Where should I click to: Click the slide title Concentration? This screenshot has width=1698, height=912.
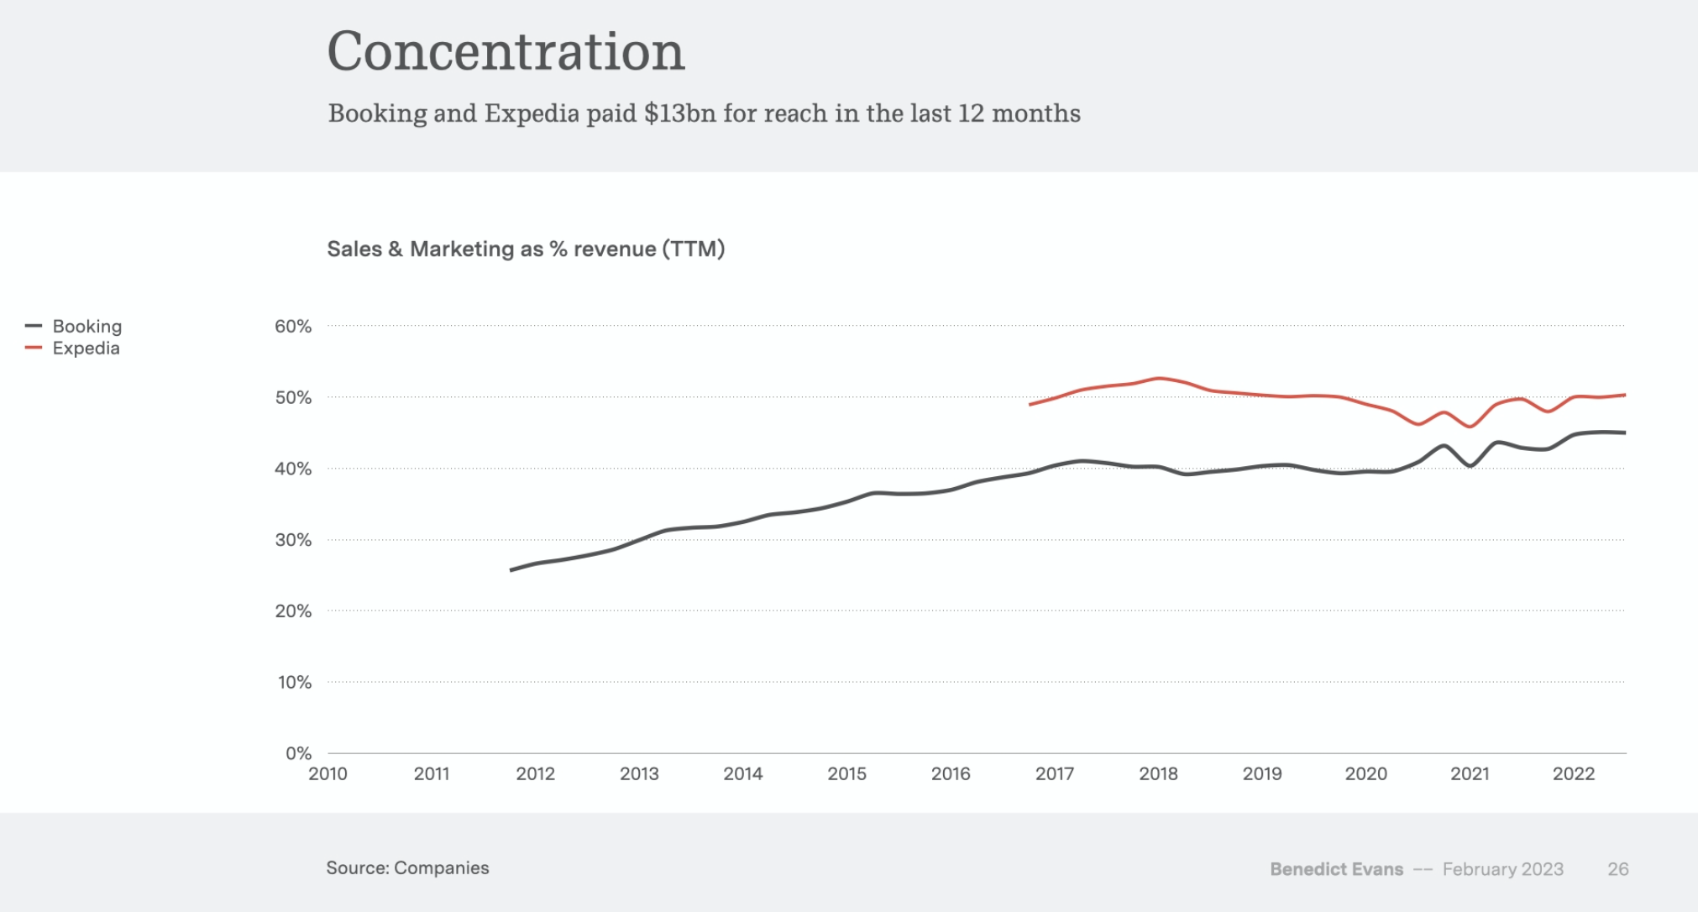pos(506,52)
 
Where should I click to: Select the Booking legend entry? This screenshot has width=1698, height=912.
pos(86,326)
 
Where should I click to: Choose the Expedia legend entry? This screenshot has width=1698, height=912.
pos(86,349)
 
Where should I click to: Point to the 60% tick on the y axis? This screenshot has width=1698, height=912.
pos(293,326)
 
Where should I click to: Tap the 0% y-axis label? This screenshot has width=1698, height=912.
pos(298,753)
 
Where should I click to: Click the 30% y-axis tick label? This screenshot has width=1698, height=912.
pos(293,540)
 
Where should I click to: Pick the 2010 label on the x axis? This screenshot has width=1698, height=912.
pos(328,774)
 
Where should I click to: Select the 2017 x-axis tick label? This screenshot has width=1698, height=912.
pos(1054,774)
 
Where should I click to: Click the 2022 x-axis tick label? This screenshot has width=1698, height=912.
pos(1573,774)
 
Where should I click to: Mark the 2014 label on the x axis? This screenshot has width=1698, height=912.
pos(743,774)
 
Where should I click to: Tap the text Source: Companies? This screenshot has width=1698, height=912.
pos(407,868)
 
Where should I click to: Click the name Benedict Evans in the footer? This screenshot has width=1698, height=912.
pos(1336,869)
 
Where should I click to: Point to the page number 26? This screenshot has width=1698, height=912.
pos(1618,869)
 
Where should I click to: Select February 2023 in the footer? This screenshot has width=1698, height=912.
pos(1502,869)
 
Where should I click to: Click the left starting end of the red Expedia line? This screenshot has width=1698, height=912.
pos(1031,405)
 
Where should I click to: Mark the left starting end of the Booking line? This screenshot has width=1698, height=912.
pos(511,570)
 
